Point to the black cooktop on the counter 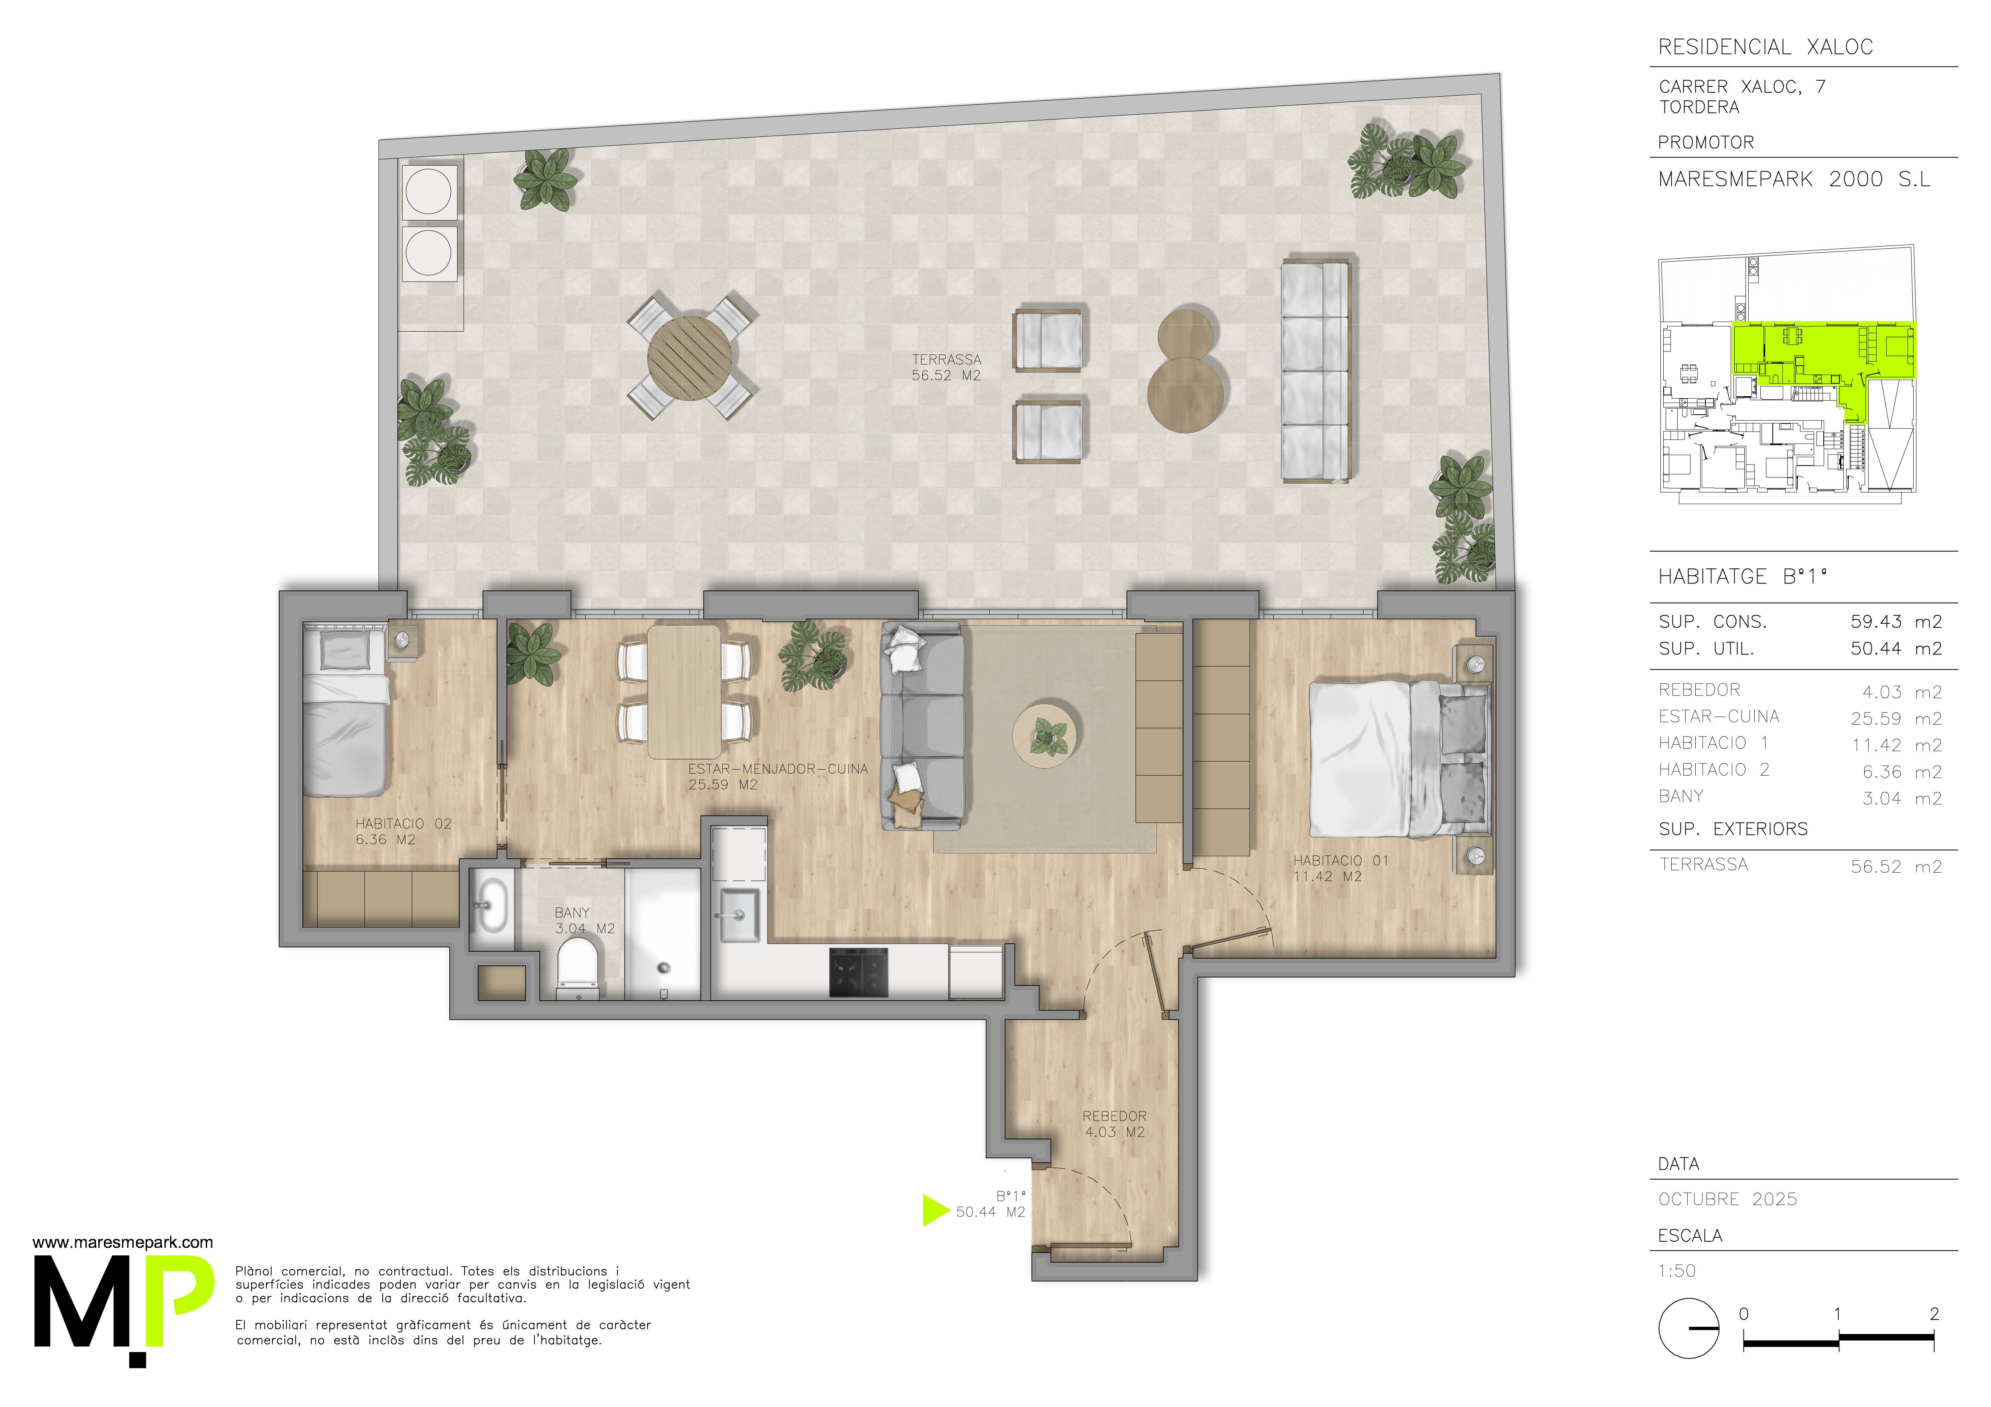[859, 972]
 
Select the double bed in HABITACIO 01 [1399, 759]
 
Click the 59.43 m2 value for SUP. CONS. [1896, 622]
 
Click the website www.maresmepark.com [122, 1242]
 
